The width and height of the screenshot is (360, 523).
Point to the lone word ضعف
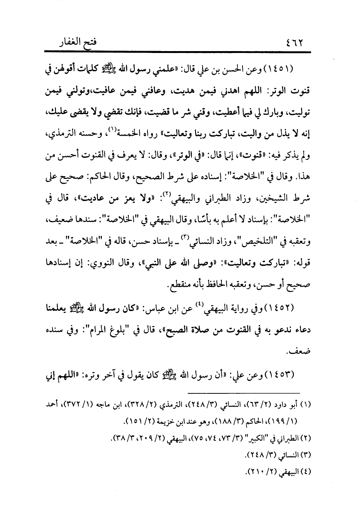299,352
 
